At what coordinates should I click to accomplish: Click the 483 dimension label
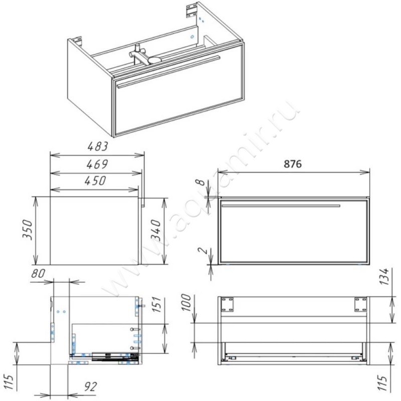[x=98, y=146]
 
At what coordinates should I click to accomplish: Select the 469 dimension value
[x=97, y=164]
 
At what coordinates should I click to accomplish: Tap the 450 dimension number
[x=95, y=181]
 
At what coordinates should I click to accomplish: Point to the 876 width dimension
[x=293, y=164]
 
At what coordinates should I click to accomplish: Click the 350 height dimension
[x=28, y=230]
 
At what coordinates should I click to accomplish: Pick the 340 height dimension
[x=156, y=231]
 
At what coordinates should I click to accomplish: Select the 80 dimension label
[x=38, y=273]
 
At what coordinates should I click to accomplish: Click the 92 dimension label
[x=90, y=386]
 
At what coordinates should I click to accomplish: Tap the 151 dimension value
[x=156, y=304]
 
